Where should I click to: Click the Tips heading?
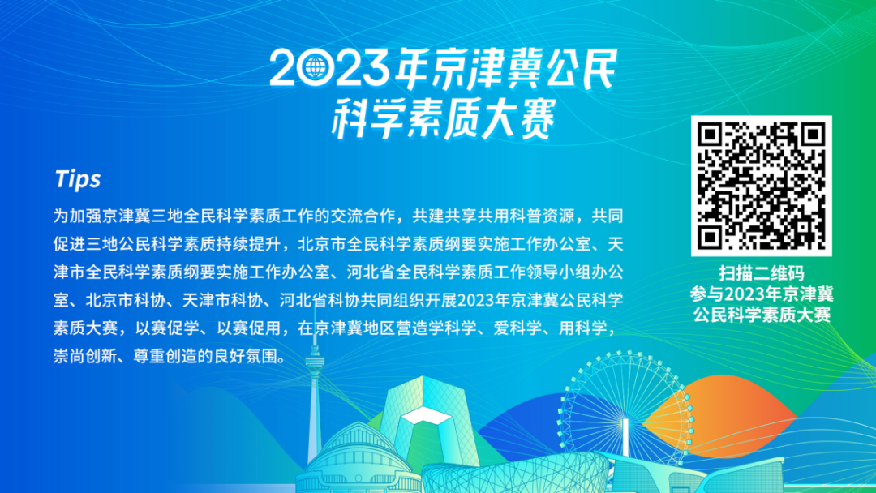(78, 179)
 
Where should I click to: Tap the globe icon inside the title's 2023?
(312, 69)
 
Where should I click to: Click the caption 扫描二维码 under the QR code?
(762, 273)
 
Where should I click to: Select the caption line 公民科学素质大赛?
(762, 315)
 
